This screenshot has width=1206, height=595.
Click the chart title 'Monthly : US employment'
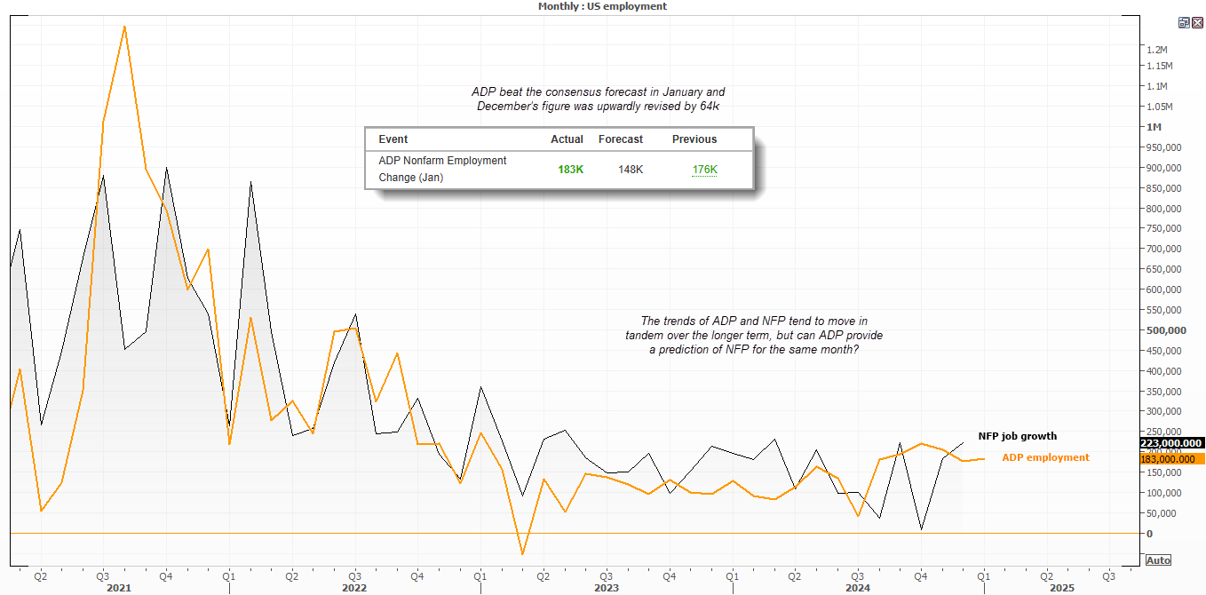(602, 6)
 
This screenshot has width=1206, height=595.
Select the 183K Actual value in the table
(570, 169)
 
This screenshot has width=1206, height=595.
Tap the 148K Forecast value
(631, 169)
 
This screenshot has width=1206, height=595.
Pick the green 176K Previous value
(704, 169)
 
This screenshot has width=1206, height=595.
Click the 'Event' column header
(393, 139)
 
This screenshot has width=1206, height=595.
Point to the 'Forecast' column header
(621, 139)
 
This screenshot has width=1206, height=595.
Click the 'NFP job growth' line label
(1017, 436)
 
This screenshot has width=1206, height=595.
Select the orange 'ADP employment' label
(1045, 457)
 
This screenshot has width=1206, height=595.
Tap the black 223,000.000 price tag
(1170, 443)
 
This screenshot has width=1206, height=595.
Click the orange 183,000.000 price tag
(1170, 458)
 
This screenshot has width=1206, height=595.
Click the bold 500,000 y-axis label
(1166, 330)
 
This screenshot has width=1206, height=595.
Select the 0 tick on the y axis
(1149, 534)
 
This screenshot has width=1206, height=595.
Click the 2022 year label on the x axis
(353, 588)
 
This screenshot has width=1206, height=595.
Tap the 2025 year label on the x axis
(1061, 588)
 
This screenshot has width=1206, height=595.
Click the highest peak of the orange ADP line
(124, 26)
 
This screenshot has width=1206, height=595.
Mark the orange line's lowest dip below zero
(522, 554)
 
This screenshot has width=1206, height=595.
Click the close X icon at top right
(1197, 22)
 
